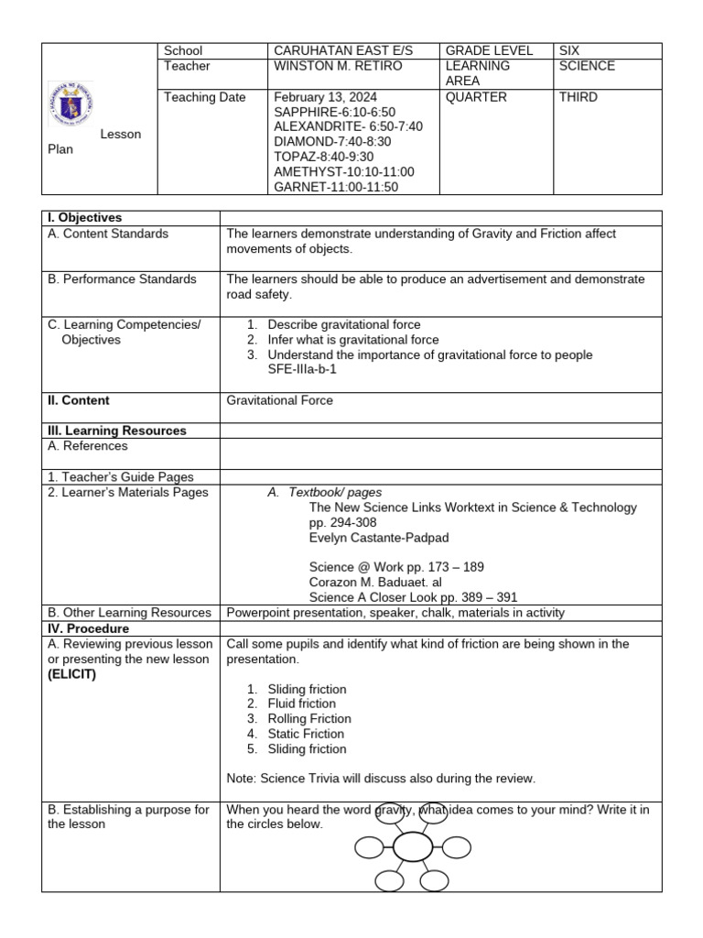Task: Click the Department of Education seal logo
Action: point(70,105)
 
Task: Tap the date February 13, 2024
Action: point(325,97)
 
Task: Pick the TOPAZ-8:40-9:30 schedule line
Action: point(323,157)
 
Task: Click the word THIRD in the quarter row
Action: point(579,97)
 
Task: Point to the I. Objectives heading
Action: point(85,218)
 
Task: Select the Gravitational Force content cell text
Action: point(280,400)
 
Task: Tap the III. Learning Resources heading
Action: point(117,431)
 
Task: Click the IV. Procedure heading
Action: point(89,629)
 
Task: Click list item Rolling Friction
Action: point(309,719)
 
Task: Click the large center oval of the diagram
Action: point(413,847)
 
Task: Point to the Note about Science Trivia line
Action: point(380,779)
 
